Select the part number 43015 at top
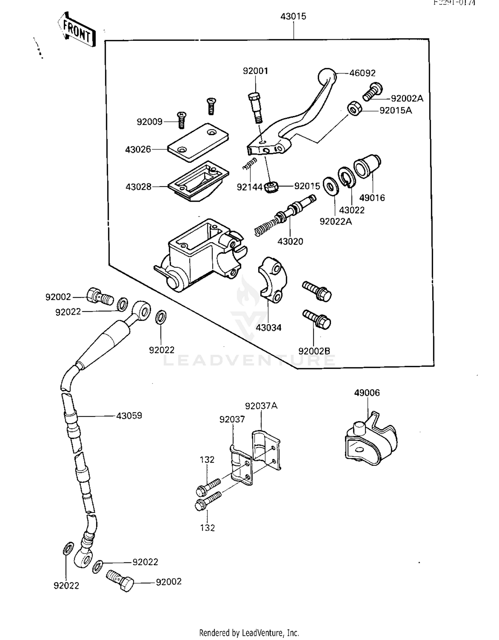point(293,17)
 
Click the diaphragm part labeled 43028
point(198,181)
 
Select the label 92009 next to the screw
point(149,122)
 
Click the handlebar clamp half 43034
point(272,279)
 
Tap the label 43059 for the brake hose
point(129,416)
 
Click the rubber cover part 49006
point(371,439)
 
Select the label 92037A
point(261,406)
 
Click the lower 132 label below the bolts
point(207,528)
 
